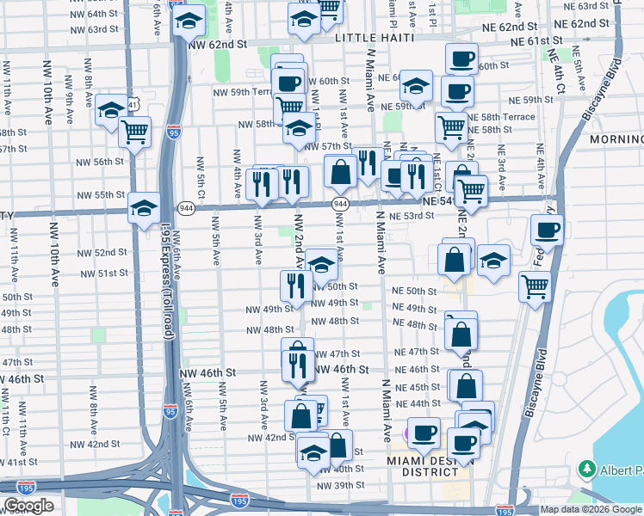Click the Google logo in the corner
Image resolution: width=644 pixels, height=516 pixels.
click(28, 506)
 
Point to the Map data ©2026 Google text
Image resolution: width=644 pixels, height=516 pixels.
click(591, 509)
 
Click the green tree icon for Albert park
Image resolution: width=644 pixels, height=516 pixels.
click(587, 470)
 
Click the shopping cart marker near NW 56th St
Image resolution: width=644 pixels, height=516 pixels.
click(135, 133)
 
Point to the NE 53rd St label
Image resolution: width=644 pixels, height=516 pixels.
click(408, 217)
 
